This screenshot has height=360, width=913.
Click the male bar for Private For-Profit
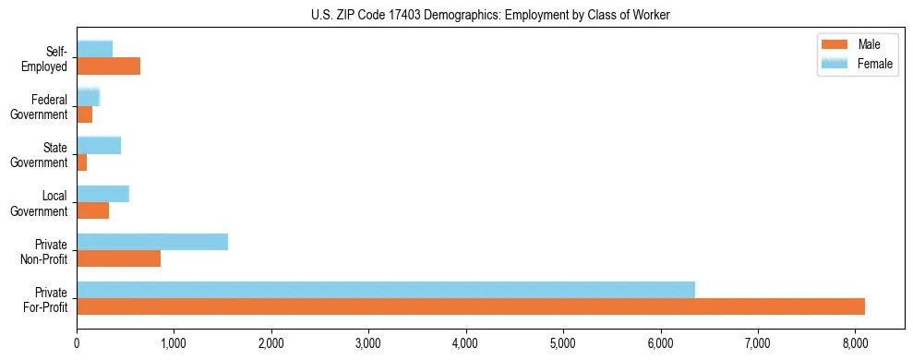471,306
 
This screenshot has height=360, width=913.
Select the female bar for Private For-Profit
386,290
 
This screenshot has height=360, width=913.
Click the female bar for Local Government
102,194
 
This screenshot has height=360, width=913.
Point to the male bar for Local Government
92,210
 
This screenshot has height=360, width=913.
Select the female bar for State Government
99,145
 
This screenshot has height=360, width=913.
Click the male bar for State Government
82,162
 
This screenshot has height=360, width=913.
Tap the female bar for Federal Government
88,97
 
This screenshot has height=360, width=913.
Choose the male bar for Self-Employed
108,66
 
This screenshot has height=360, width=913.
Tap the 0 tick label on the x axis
77,343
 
